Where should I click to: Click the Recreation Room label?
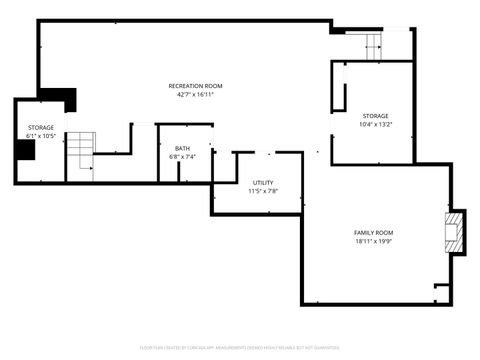pyautogui.click(x=195, y=86)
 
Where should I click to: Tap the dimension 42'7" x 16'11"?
pyautogui.click(x=195, y=95)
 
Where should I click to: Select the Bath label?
pyautogui.click(x=182, y=148)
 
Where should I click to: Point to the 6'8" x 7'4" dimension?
pyautogui.click(x=182, y=157)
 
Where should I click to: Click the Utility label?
pyautogui.click(x=263, y=182)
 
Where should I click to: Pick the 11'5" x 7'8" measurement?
pyautogui.click(x=263, y=191)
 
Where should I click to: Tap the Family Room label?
pyautogui.click(x=374, y=232)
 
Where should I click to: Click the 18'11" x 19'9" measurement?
pyautogui.click(x=374, y=241)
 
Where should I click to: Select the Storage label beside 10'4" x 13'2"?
pyautogui.click(x=375, y=116)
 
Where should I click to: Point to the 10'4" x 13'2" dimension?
pyautogui.click(x=375, y=125)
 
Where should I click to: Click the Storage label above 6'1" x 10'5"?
pyautogui.click(x=40, y=127)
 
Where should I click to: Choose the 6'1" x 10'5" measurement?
pyautogui.click(x=40, y=136)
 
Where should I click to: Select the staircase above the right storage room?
pyautogui.click(x=372, y=45)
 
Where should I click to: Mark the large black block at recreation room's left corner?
pyautogui.click(x=60, y=98)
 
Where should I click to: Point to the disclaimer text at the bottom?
pyautogui.click(x=240, y=348)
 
